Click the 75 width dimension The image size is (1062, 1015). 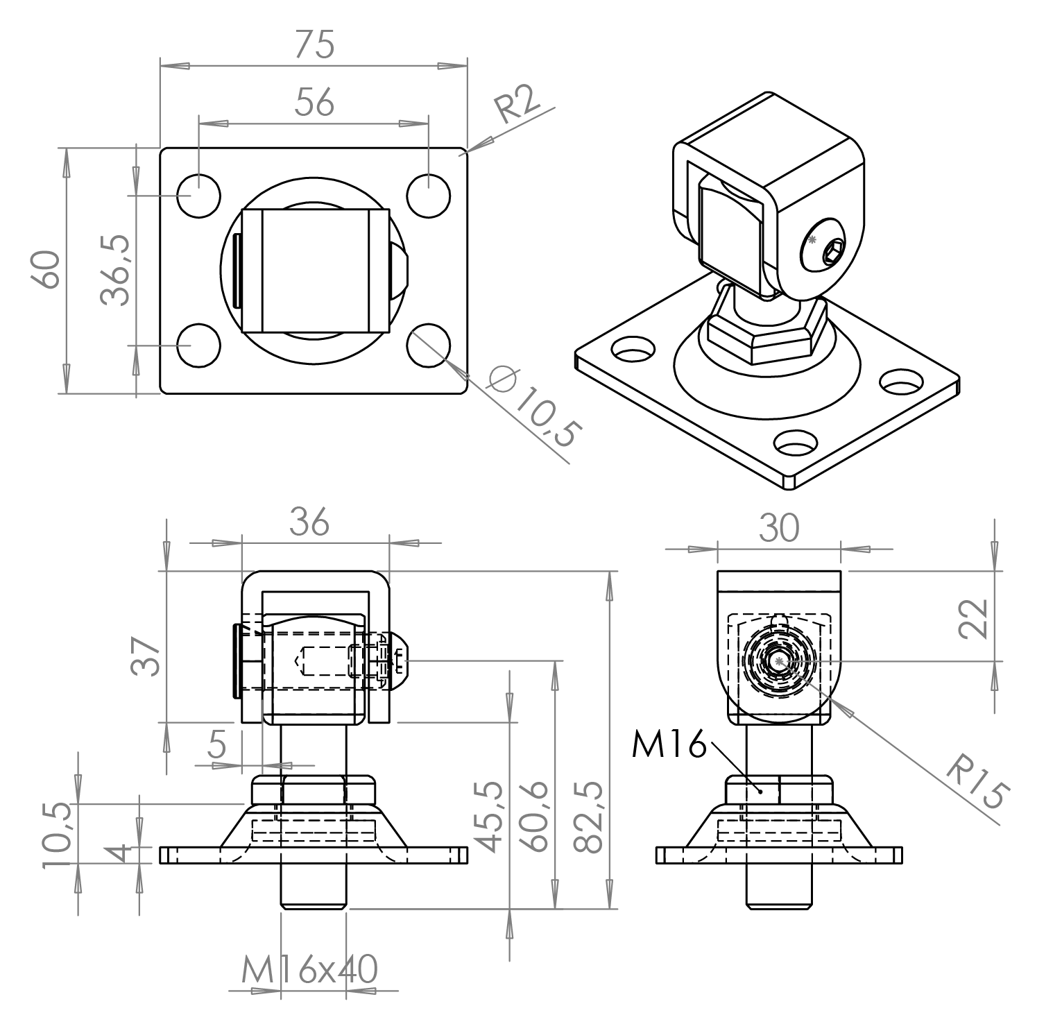[x=314, y=44]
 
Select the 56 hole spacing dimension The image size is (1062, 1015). [x=314, y=102]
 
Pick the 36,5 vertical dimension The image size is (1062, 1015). [x=114, y=270]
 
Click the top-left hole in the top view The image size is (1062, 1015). [x=198, y=194]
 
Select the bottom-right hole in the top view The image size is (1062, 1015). [x=429, y=344]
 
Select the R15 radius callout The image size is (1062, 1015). [x=979, y=785]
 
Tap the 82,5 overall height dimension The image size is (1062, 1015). [x=590, y=817]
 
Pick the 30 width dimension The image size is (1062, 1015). [x=779, y=529]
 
